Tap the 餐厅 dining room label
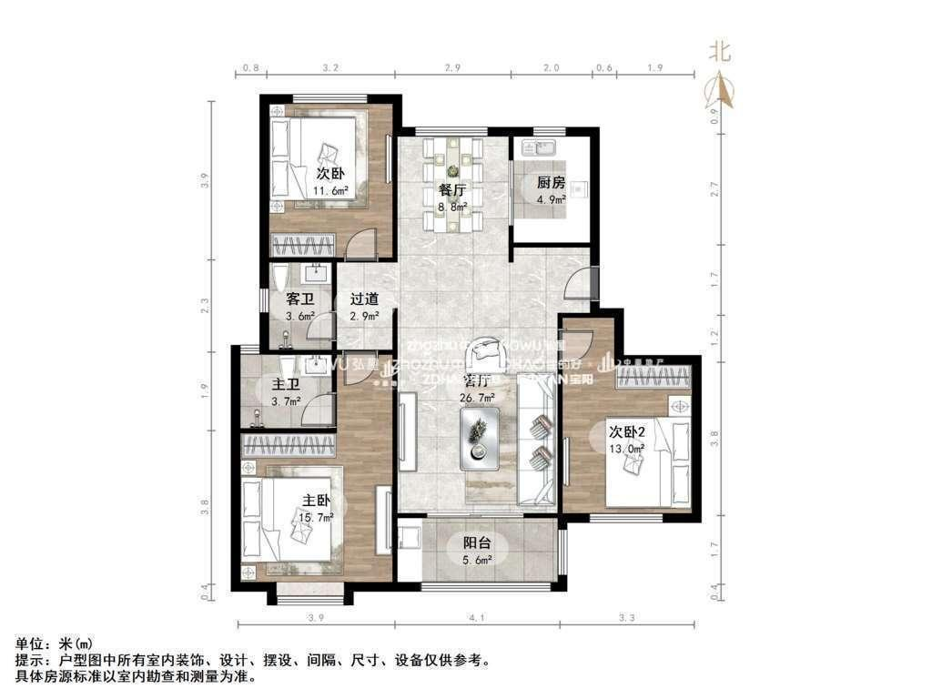452,190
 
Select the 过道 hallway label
364,299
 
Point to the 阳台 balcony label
472,543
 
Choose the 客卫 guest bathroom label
299,299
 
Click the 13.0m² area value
627,448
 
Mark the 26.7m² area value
479,398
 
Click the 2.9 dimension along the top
452,67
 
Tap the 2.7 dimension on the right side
714,190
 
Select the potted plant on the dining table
452,167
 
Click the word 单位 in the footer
30,643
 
